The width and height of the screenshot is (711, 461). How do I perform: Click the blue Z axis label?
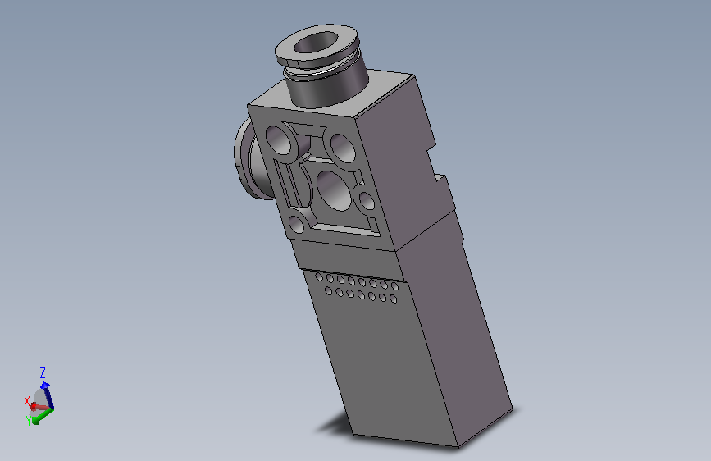(43, 373)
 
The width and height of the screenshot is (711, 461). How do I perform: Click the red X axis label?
(27, 401)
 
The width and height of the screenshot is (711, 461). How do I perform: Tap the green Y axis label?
(29, 421)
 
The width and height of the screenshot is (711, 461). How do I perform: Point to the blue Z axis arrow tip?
(44, 386)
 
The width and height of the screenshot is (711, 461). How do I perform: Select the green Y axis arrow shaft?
(44, 414)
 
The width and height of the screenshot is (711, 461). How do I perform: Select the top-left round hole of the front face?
(279, 139)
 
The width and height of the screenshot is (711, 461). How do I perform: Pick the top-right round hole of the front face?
(343, 148)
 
